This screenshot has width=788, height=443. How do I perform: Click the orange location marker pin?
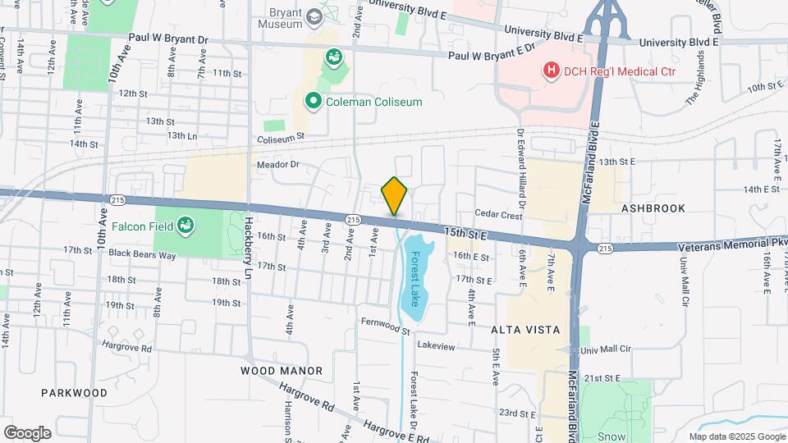[395, 196]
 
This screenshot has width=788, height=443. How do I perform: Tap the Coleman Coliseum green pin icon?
[313, 102]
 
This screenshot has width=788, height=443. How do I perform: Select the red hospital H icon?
[552, 71]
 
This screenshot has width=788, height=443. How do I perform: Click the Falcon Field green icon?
[186, 224]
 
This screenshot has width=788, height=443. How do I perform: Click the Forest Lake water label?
[415, 276]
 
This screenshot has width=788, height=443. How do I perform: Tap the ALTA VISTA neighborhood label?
[525, 330]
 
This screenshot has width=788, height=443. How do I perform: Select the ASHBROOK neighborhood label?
[653, 208]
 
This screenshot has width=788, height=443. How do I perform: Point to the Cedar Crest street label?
[498, 216]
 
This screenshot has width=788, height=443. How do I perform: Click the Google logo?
[27, 433]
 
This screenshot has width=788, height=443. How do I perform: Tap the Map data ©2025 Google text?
[737, 436]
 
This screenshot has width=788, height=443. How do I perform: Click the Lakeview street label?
[435, 346]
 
